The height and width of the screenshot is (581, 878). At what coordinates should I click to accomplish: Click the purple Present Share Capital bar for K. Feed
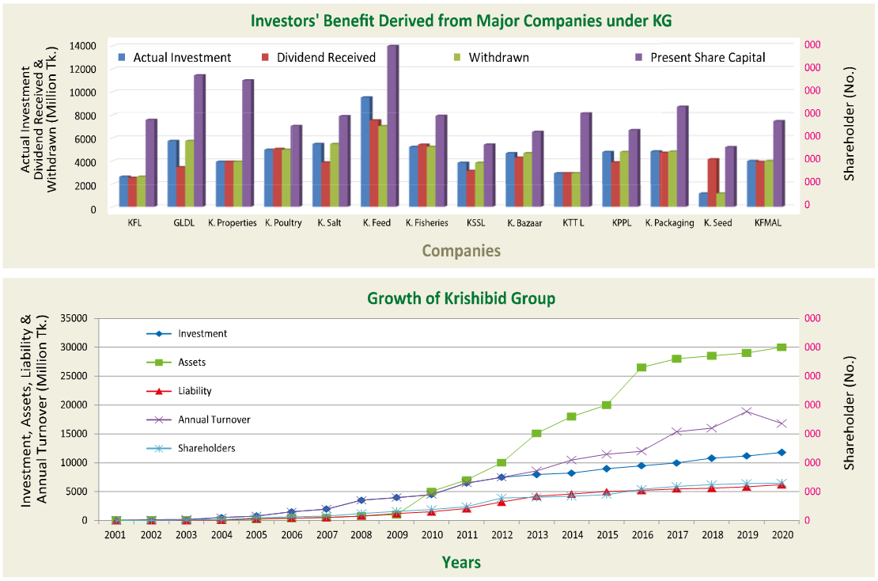(392, 127)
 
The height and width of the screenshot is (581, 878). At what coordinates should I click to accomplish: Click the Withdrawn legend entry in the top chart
(498, 58)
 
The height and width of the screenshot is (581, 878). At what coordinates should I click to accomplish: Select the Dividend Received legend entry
(326, 58)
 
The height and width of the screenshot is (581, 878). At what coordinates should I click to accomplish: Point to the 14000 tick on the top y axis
(82, 46)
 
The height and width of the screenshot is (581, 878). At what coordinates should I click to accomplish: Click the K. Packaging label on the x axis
(669, 223)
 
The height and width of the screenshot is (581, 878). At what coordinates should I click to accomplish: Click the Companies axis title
(461, 251)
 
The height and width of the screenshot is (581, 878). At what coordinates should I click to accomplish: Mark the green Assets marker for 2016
(641, 367)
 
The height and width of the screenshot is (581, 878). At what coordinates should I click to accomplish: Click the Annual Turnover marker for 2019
(746, 411)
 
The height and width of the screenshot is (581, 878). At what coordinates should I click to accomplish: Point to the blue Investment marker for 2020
(781, 452)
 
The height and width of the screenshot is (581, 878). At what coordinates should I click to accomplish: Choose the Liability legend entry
(195, 391)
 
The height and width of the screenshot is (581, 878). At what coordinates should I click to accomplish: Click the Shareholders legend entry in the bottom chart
(206, 448)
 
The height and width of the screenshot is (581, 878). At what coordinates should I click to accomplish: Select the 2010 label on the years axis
(432, 535)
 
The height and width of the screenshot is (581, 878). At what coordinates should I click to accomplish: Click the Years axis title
(461, 563)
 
